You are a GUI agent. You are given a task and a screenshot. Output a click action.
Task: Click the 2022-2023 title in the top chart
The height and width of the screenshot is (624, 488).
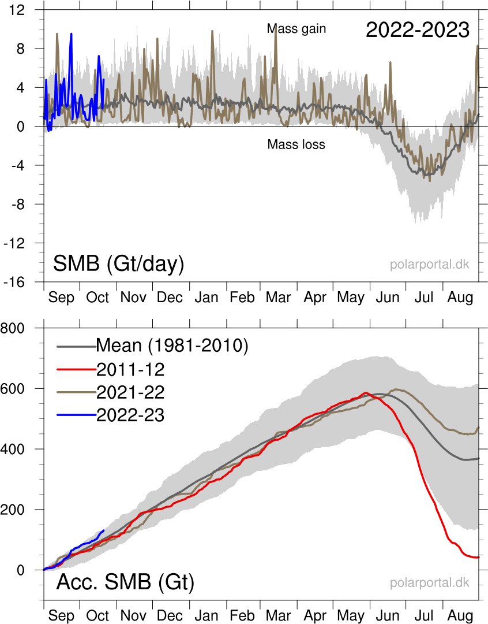pyautogui.click(x=418, y=30)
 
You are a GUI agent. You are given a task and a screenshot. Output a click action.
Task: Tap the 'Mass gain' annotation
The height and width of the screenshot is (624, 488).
pyautogui.click(x=296, y=28)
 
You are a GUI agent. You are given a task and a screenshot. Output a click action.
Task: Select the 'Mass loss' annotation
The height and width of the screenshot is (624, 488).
pyautogui.click(x=296, y=144)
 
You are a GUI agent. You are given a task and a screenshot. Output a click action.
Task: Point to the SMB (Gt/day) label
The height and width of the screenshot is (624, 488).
pyautogui.click(x=118, y=264)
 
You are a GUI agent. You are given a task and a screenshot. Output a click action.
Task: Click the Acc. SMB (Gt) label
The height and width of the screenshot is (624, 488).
pyautogui.click(x=125, y=582)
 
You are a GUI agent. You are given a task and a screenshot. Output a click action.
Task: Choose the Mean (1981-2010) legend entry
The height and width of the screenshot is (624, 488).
pyautogui.click(x=171, y=346)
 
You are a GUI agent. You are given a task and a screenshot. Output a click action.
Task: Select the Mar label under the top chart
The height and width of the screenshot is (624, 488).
pyautogui.click(x=279, y=298)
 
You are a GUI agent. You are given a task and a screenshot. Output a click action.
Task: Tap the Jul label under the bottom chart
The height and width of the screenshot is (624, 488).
pyautogui.click(x=424, y=615)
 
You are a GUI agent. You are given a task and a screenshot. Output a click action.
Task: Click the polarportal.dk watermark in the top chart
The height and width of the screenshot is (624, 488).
pyautogui.click(x=429, y=265)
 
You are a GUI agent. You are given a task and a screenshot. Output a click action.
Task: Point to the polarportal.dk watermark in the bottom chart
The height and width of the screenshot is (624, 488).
pyautogui.click(x=429, y=583)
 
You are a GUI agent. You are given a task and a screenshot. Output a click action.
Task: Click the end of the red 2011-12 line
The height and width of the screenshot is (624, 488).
pyautogui.click(x=479, y=557)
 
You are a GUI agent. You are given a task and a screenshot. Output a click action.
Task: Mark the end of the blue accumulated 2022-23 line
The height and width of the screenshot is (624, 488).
pyautogui.click(x=104, y=530)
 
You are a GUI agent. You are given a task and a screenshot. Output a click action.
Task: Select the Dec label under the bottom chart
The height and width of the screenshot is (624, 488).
pyautogui.click(x=170, y=615)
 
